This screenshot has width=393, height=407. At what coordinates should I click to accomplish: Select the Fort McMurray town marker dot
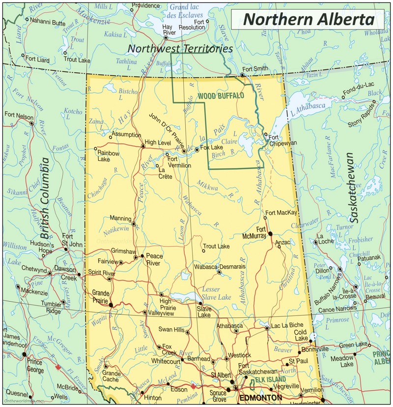point(270,233)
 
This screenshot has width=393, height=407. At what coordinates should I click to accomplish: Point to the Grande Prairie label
point(101,296)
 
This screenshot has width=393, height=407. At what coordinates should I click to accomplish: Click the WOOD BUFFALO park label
point(220,96)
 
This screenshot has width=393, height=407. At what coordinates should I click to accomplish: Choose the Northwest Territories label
point(180,49)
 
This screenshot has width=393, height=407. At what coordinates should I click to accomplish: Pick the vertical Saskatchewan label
point(349,188)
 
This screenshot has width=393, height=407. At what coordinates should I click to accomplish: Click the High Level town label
point(157,142)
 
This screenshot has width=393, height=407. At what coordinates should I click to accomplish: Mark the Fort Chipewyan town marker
point(266,135)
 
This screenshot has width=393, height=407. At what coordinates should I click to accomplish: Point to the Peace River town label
point(155,259)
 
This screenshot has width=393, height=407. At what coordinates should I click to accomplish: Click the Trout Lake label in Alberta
point(216,246)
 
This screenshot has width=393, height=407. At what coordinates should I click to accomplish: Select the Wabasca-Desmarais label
point(219,266)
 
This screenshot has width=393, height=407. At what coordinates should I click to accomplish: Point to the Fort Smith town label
point(254,68)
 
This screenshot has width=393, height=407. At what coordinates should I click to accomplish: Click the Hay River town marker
point(166,37)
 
